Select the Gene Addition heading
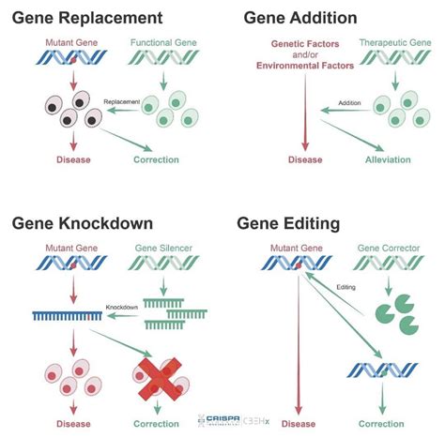pos(299,18)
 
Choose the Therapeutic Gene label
pos(387,44)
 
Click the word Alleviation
pos(387,159)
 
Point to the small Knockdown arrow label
pos(122,306)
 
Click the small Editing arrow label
pos(345,288)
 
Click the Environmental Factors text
pos(306,66)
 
